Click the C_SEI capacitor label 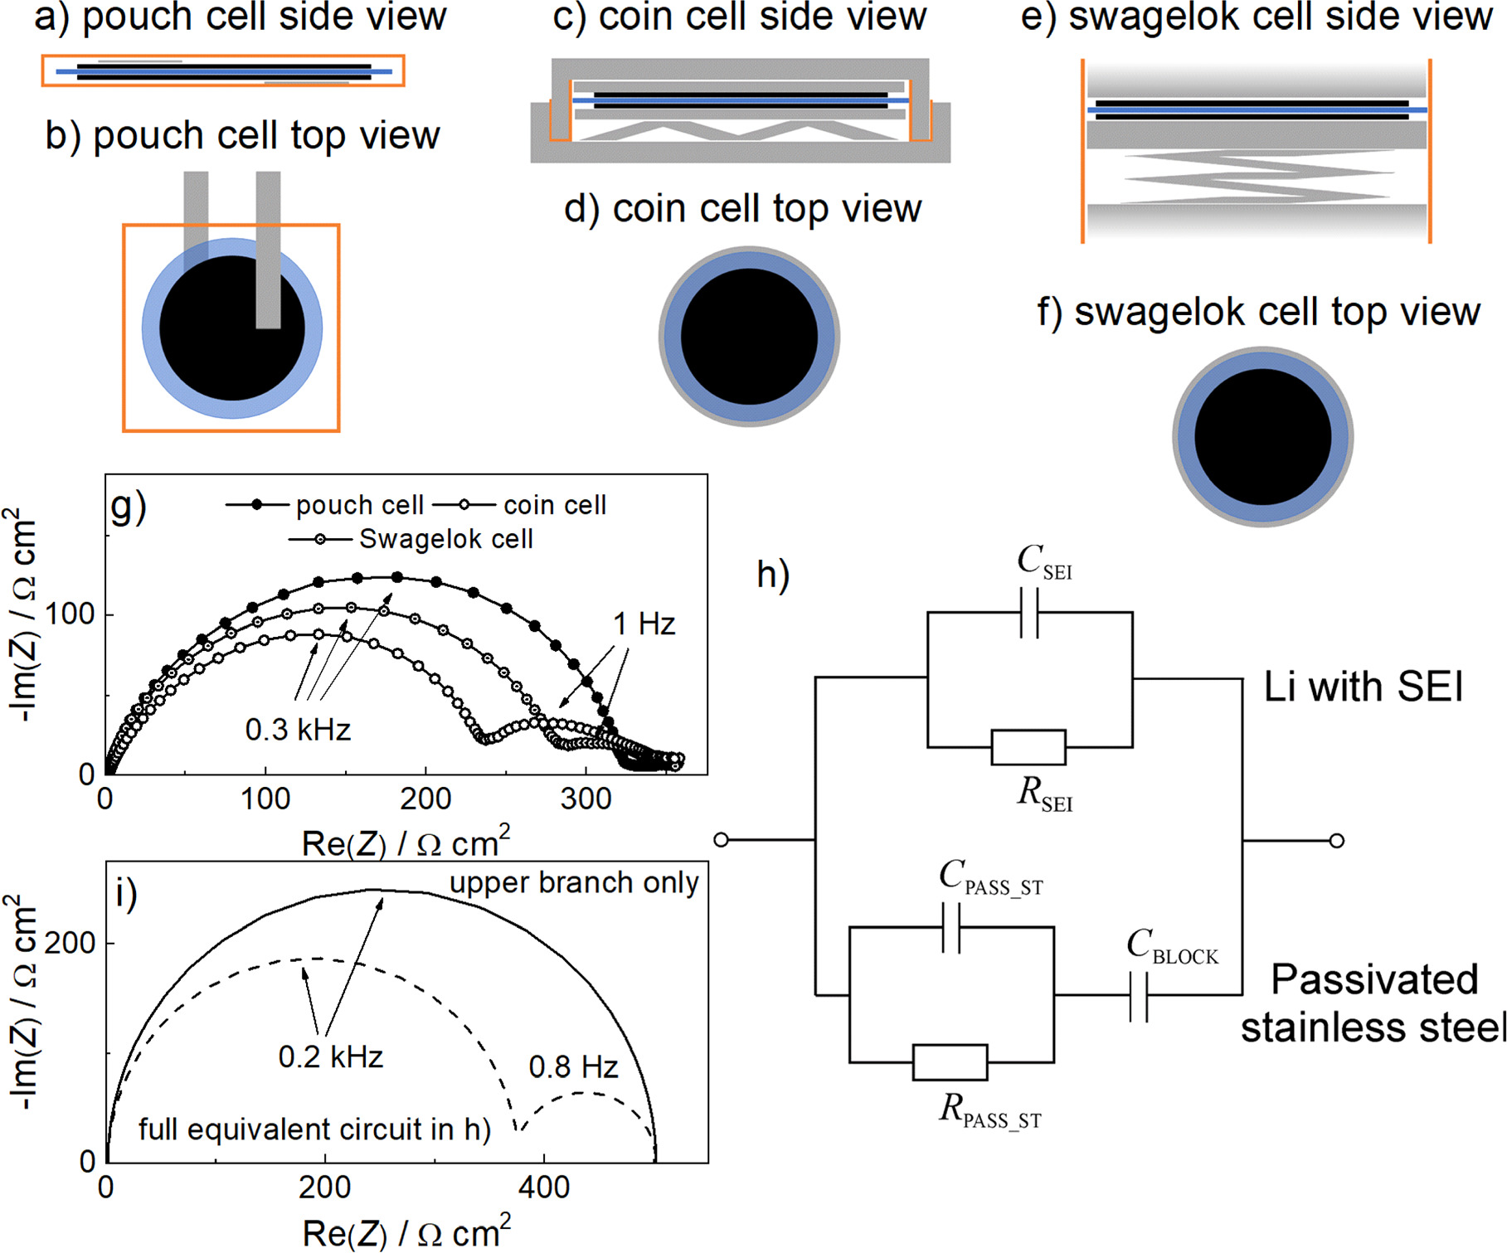[x=1043, y=563]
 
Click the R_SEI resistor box [x=1028, y=747]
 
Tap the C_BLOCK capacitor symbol [x=1139, y=996]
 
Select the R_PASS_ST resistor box [x=950, y=1062]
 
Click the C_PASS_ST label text [x=990, y=877]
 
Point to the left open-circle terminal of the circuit [x=721, y=840]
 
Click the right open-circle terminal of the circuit [x=1336, y=841]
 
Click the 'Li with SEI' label [x=1363, y=687]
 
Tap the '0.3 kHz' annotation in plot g [x=298, y=730]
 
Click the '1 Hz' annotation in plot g [x=644, y=624]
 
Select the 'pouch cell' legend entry [x=359, y=504]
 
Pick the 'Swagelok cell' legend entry [x=445, y=539]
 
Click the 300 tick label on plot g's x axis [x=586, y=799]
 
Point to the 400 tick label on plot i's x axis [x=544, y=1187]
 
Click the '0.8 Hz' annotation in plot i [x=573, y=1066]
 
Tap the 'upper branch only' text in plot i [x=574, y=882]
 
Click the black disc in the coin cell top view [x=749, y=337]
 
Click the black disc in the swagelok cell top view [x=1262, y=437]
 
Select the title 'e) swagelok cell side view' [x=1256, y=17]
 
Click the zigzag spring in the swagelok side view [x=1257, y=178]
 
